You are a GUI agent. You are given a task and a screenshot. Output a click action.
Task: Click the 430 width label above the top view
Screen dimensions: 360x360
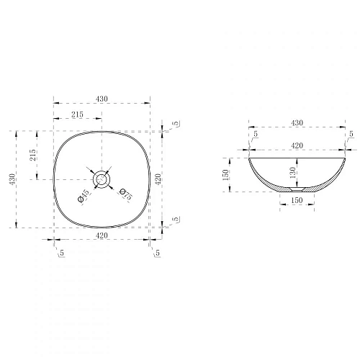pos(102,99)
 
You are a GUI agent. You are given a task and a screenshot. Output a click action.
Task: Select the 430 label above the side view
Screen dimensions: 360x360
pos(297,123)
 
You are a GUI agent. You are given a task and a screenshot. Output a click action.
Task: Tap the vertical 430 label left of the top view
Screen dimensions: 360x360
pos(12,179)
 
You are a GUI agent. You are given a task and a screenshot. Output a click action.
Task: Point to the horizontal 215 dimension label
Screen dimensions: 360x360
pos(77,114)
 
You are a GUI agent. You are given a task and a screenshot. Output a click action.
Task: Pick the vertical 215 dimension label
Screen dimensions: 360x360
pos(32,155)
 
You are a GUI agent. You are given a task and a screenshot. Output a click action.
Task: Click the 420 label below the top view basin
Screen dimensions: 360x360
pos(102,235)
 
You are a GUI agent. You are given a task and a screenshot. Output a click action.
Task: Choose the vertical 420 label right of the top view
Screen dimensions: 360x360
pos(158,179)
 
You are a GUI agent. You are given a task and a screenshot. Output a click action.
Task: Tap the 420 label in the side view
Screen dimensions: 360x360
pos(297,145)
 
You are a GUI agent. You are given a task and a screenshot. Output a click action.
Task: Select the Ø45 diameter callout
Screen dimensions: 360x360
pos(84,196)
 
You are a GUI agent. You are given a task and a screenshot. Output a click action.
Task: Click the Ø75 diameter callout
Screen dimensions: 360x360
pos(126,194)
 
